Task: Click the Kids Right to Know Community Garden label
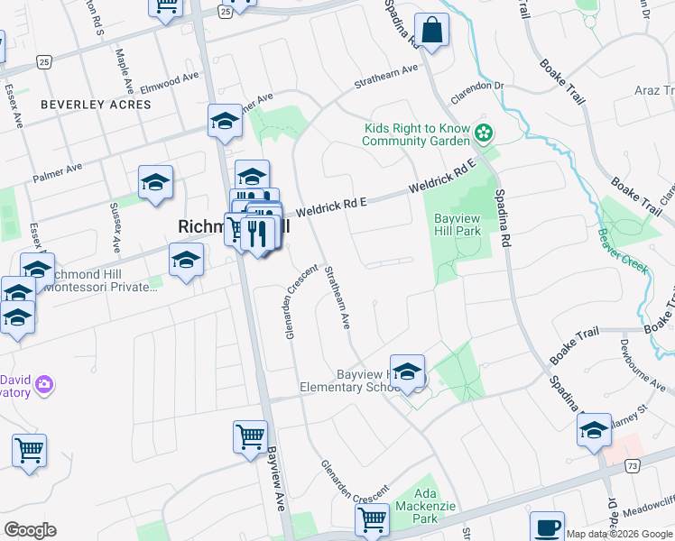(x=417, y=135)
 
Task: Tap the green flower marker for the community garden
(x=485, y=134)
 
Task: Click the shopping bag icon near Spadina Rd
(x=433, y=30)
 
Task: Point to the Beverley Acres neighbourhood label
(x=96, y=105)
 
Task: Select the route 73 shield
(x=633, y=464)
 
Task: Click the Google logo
(x=30, y=530)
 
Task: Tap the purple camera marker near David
(x=42, y=387)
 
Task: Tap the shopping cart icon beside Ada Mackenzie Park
(x=372, y=519)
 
